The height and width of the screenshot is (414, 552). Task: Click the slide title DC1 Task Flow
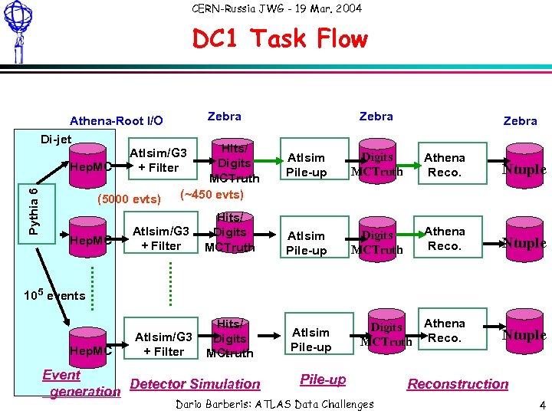click(x=280, y=38)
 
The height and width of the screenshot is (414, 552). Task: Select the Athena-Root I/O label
click(x=116, y=120)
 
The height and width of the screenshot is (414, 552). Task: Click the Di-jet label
click(x=56, y=139)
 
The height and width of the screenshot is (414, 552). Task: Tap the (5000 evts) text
click(x=129, y=199)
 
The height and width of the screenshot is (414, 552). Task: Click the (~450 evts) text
click(x=211, y=194)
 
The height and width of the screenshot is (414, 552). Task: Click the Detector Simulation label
click(x=195, y=384)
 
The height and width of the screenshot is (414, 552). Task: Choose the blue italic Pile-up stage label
click(x=323, y=379)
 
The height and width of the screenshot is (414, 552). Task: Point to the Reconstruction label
click(x=458, y=384)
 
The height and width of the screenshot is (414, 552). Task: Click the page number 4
click(x=542, y=404)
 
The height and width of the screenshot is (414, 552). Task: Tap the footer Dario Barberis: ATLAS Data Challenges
click(x=275, y=404)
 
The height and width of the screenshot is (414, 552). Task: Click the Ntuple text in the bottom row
click(x=524, y=335)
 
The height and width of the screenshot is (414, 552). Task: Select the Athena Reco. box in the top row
click(x=445, y=165)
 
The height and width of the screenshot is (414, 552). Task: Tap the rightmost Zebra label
click(x=520, y=121)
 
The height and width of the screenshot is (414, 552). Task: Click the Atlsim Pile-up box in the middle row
click(x=306, y=243)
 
